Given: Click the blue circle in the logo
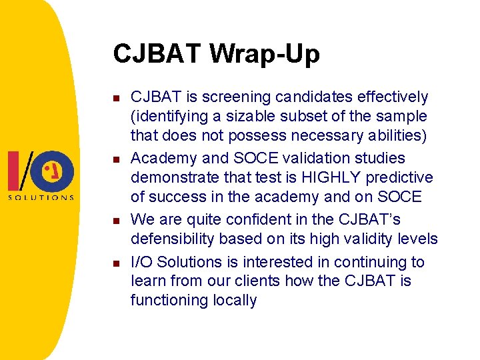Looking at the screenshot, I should (59, 171).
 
